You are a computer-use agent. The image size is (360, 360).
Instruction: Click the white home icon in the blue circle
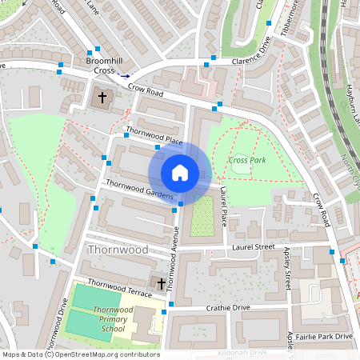tap(180, 173)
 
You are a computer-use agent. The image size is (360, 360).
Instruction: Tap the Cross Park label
tap(246, 160)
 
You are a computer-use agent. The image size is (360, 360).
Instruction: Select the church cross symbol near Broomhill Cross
tap(102, 99)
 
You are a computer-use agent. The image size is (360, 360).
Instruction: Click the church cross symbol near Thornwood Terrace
tap(161, 284)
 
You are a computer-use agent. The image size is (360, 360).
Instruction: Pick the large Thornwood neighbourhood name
tap(117, 250)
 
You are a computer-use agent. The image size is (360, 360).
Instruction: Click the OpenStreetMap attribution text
tap(81, 354)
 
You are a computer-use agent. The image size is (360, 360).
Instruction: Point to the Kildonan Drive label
tap(241, 352)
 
